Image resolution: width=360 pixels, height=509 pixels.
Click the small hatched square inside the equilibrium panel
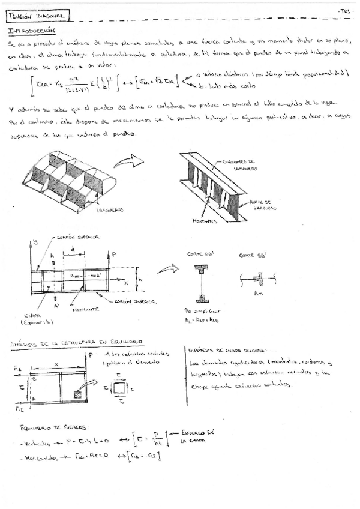click(77, 396)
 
